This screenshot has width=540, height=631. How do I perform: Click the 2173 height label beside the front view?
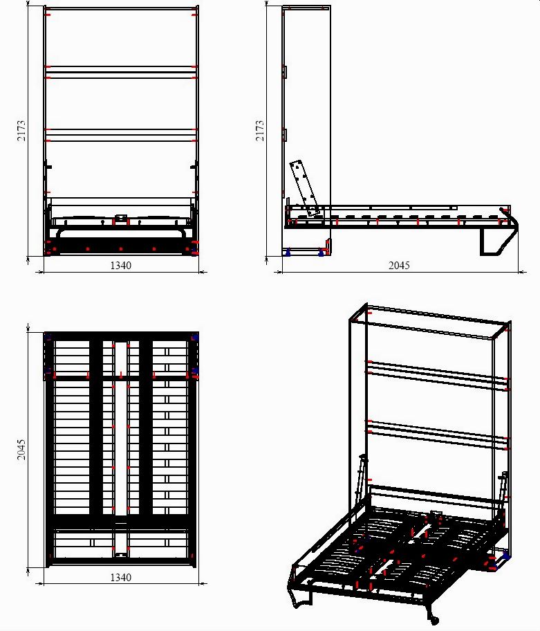[21, 131]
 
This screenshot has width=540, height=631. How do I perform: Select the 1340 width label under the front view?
[120, 266]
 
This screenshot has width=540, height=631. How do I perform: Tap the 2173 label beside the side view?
[260, 131]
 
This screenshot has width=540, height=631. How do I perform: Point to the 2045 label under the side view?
[399, 266]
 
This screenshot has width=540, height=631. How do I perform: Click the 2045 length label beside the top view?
[21, 450]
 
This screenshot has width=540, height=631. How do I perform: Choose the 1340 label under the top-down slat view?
[120, 578]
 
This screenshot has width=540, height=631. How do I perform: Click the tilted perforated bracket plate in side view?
[305, 188]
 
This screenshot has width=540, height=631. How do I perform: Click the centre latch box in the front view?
[121, 219]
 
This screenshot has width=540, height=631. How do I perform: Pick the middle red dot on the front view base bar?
[120, 249]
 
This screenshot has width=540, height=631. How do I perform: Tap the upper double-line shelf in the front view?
[120, 72]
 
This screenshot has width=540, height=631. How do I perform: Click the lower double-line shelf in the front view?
[120, 135]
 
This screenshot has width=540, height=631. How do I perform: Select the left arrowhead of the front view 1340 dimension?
[40, 272]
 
